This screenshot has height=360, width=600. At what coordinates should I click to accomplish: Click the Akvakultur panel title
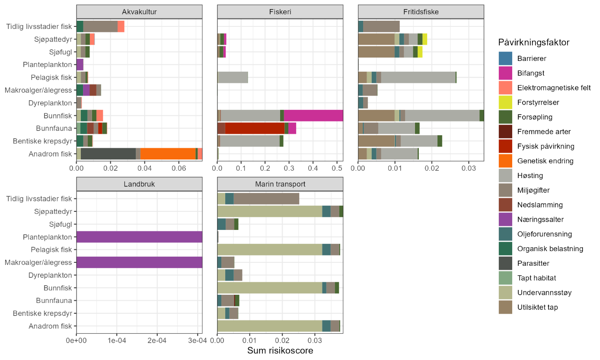point(139,12)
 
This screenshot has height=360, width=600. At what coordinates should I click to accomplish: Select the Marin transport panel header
point(280,184)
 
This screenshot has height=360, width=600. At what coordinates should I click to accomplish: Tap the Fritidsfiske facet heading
point(421,12)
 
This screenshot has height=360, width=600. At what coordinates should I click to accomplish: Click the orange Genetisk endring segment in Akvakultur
point(168,154)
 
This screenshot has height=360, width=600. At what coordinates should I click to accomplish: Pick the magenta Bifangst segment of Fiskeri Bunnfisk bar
point(313,116)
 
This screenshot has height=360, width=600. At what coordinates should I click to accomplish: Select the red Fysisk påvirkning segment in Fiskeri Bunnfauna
point(255,128)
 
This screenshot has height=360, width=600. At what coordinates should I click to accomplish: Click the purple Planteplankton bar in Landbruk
point(139,237)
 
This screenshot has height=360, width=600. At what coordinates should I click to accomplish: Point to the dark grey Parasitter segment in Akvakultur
point(108,154)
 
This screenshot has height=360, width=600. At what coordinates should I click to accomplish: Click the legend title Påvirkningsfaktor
point(533,42)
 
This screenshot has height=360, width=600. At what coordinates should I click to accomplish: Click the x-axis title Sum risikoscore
point(280,350)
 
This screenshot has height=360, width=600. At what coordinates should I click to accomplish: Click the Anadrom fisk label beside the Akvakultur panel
point(50,154)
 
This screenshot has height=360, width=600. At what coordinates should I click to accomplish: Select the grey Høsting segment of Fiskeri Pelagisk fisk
point(233,77)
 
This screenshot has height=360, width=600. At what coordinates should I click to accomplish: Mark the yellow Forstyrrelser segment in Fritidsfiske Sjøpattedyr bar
point(425,39)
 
